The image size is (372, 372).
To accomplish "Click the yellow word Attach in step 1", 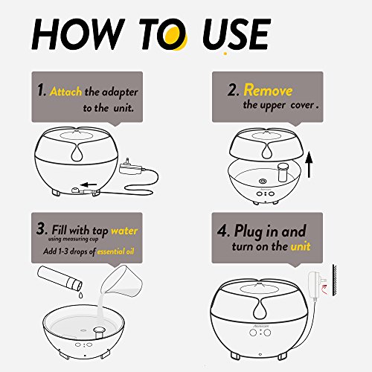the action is (65, 92).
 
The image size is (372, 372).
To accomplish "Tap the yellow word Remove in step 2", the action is (268, 90).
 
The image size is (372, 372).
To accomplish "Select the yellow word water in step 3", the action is (124, 231).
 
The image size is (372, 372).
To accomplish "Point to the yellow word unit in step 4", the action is (301, 246).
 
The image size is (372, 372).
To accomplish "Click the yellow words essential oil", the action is (115, 251).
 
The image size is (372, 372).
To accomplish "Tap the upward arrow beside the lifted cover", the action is (309, 164).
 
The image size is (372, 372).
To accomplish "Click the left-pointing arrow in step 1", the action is (89, 185).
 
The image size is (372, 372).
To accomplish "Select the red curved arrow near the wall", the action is (324, 289).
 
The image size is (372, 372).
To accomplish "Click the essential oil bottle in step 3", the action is (60, 279).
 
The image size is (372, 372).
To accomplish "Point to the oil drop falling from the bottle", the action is (80, 295).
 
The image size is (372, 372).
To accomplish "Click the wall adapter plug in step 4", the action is (315, 285).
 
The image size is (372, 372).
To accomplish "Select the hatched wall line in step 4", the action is (335, 280).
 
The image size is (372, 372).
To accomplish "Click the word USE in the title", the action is (236, 34).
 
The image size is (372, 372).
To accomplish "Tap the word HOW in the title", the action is (78, 34).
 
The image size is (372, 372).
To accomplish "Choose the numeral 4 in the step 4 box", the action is (222, 231).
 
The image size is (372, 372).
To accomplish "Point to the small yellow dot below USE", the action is (225, 53).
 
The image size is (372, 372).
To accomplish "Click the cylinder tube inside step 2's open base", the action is (282, 172).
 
